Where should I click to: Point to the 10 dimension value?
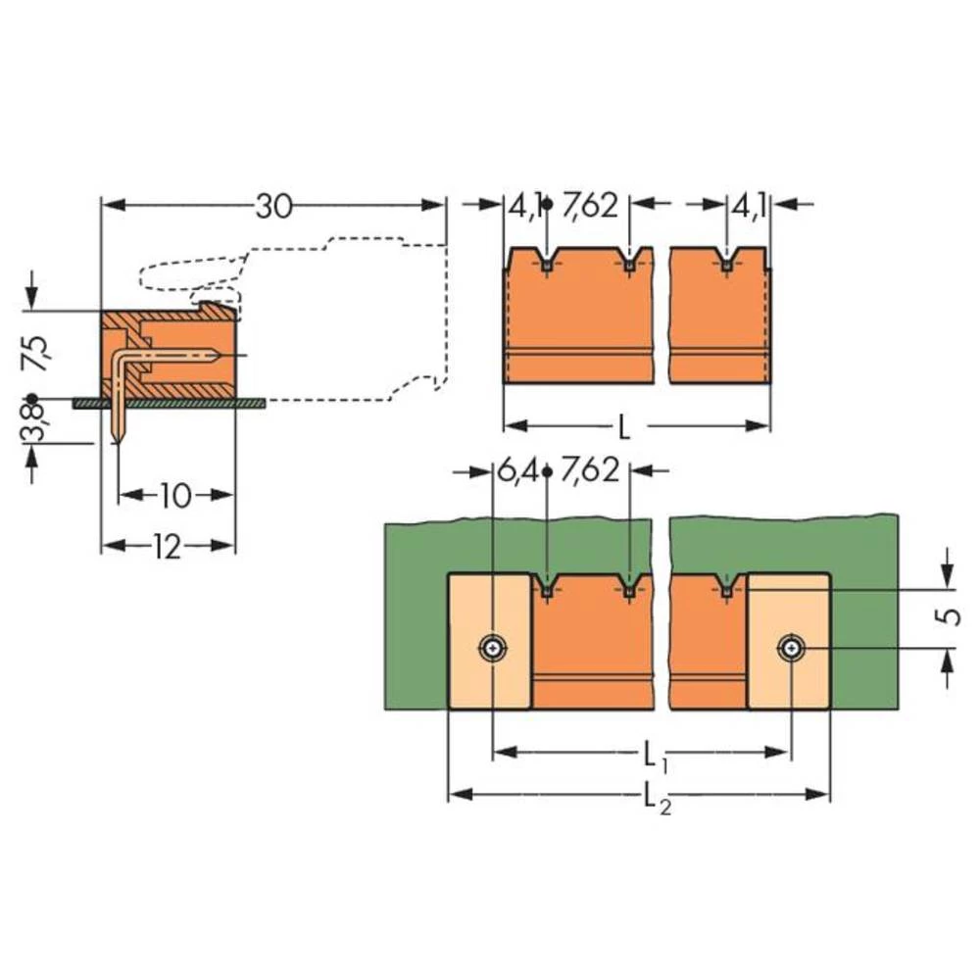[174, 496]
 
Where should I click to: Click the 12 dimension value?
[167, 547]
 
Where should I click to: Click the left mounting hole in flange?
[491, 647]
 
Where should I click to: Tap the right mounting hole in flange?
[790, 647]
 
